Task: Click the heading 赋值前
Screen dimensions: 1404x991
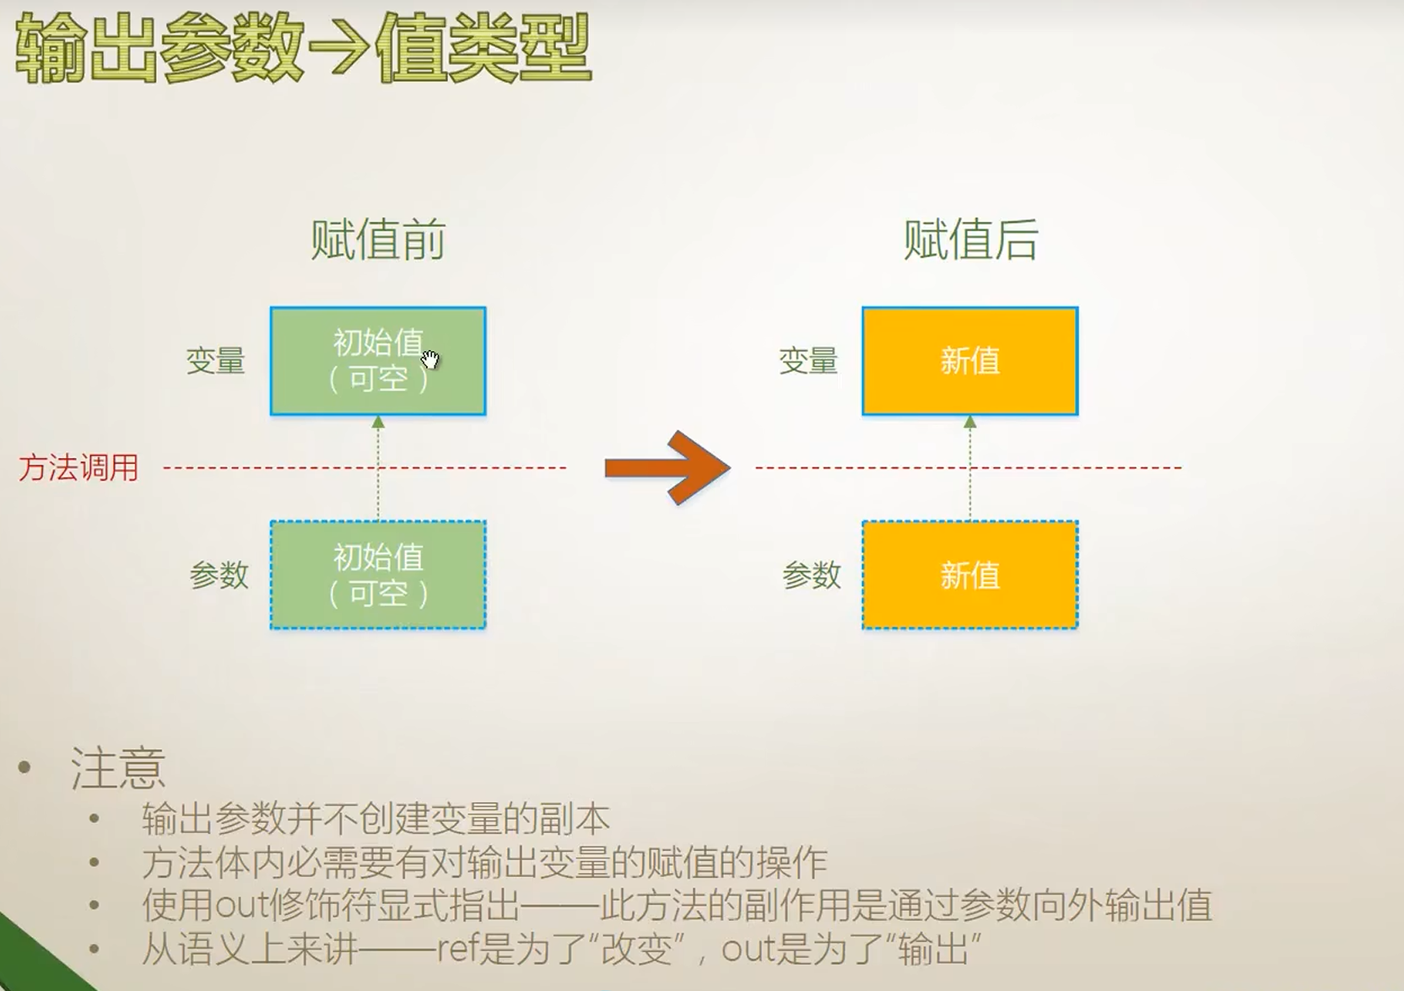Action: click(378, 240)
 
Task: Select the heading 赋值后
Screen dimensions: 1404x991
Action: click(970, 240)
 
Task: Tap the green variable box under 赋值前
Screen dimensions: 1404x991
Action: click(378, 361)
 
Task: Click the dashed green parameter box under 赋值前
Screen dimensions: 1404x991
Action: click(378, 575)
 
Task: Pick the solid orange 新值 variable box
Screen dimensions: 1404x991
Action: click(970, 361)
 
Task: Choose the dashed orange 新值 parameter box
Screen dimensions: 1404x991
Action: click(970, 575)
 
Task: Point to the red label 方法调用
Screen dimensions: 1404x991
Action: click(78, 467)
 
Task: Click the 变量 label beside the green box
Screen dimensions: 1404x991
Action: click(215, 361)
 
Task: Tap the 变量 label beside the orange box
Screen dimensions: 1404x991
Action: click(807, 361)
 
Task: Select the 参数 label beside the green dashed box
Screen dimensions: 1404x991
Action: click(219, 575)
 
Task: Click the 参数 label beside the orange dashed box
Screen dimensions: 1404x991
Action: click(811, 575)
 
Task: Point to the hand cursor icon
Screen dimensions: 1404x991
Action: click(430, 360)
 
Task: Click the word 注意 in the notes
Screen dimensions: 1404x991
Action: click(117, 768)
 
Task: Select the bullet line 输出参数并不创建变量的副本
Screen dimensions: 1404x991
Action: click(375, 819)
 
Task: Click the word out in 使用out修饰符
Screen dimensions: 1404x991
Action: click(240, 906)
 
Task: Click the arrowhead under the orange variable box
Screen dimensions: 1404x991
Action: click(970, 422)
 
